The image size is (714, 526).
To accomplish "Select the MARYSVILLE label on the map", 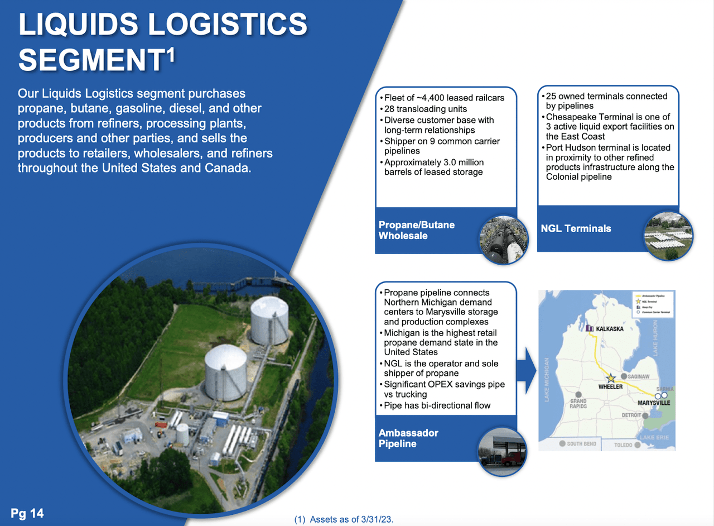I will tap(653, 402).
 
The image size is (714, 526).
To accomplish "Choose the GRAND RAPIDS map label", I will tap(578, 403).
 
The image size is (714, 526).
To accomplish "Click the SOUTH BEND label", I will tap(581, 444).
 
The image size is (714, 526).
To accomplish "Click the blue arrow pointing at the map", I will tap(526, 369).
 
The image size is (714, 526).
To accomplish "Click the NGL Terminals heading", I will tap(576, 228).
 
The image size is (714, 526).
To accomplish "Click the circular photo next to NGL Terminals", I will tap(668, 236).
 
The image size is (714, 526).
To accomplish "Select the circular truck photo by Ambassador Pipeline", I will tap(502, 451).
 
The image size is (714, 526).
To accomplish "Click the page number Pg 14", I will tap(27, 513).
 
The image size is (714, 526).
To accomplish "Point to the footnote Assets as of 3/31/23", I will tap(344, 519).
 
